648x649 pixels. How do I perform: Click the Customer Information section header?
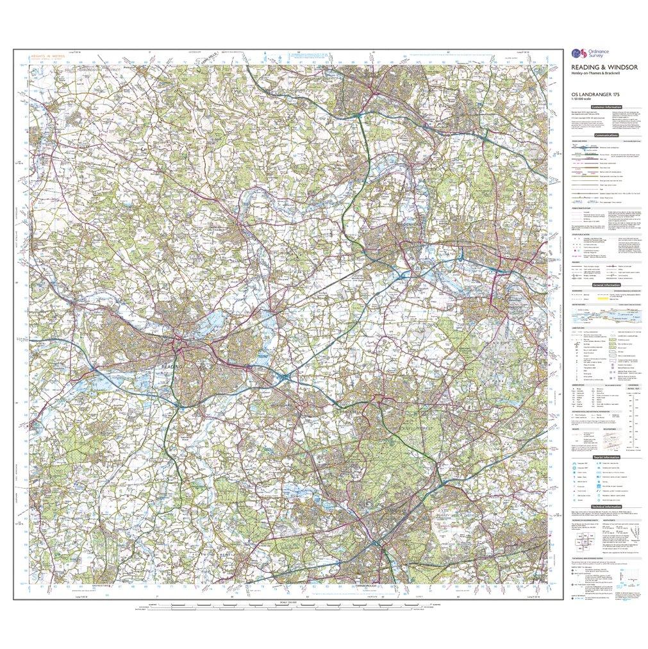click(606, 107)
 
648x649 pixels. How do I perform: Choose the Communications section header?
click(606, 135)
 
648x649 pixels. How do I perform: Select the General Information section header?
click(606, 285)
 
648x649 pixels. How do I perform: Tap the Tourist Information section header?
click(606, 457)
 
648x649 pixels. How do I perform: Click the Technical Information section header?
click(606, 507)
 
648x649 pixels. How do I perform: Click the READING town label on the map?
click(171, 366)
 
